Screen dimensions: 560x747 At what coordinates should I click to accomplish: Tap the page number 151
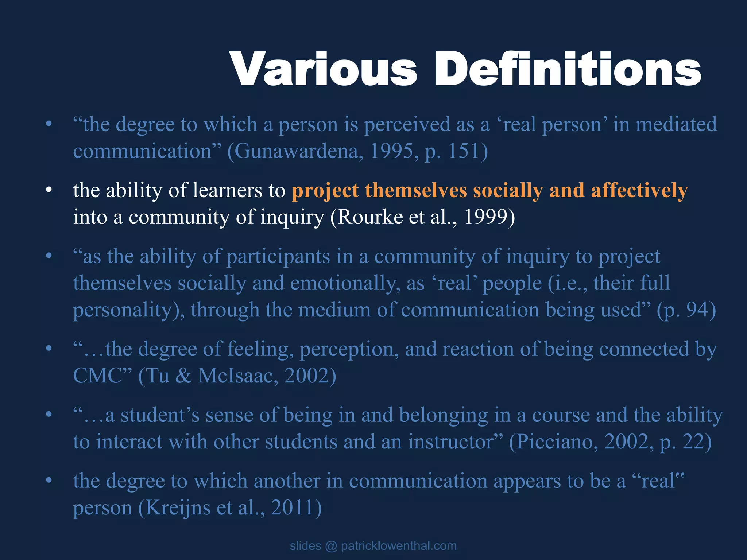[x=463, y=151]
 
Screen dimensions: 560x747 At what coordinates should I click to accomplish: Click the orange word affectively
[x=639, y=191]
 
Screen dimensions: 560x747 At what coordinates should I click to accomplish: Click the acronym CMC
[x=97, y=376]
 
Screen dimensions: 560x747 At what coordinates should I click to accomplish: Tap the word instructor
[x=451, y=442]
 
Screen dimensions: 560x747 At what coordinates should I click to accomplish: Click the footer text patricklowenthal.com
[x=399, y=546]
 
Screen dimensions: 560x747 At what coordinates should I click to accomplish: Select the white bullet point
[x=49, y=190]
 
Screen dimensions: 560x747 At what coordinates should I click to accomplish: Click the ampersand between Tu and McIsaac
[x=183, y=376]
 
